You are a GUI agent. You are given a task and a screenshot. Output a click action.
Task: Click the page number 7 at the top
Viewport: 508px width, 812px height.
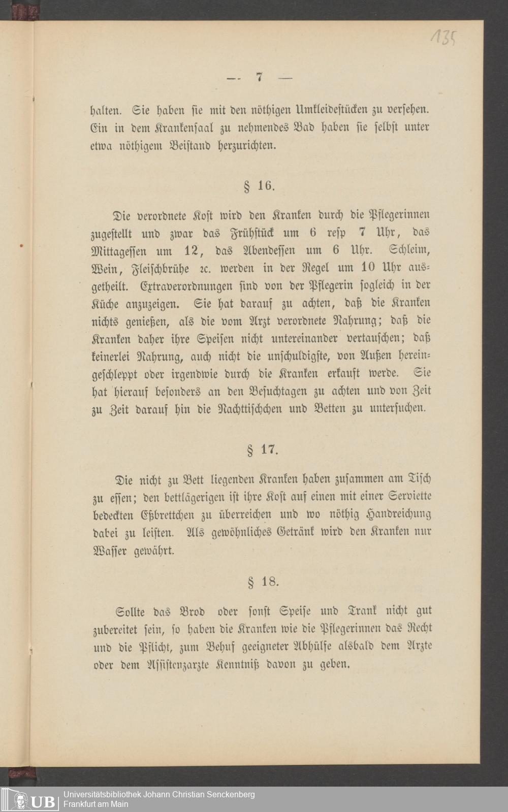(x=260, y=78)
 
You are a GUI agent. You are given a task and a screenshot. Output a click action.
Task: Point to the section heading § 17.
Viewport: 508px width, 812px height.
(x=262, y=449)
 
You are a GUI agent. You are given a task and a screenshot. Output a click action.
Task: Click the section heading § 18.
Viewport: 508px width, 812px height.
(x=263, y=581)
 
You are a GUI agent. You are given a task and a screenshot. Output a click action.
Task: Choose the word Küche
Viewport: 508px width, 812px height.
(x=106, y=303)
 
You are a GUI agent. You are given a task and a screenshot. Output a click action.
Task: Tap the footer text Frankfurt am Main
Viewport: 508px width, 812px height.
(x=96, y=804)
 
